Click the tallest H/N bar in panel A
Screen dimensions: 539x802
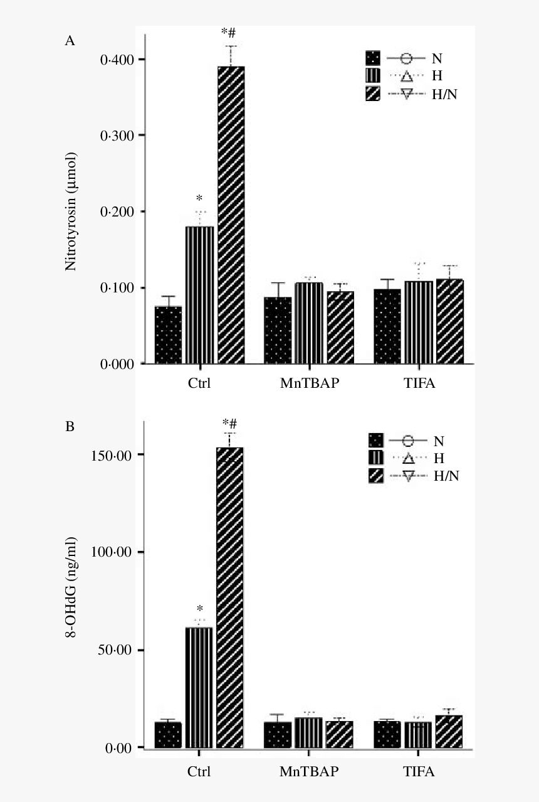231,215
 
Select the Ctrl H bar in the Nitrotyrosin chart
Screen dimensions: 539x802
199,295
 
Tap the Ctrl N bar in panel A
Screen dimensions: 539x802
168,334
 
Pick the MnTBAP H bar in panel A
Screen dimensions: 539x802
309,323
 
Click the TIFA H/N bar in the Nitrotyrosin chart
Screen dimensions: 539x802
450,321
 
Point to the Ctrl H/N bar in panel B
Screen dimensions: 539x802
229,597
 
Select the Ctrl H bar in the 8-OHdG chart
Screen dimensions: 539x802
199,687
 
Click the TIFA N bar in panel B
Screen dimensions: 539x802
387,734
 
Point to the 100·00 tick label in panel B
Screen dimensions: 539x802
112,552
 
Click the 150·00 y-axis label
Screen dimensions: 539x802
112,456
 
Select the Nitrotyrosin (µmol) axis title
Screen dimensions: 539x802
71,211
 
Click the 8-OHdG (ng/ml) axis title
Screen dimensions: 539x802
71,587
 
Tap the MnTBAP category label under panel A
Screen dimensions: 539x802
310,383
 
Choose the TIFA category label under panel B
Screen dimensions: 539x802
419,771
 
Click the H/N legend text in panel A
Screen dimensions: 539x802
444,95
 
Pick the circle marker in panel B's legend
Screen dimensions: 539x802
408,441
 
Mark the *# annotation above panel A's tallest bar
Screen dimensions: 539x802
229,33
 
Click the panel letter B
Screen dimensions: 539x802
70,427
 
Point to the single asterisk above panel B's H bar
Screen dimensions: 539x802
199,608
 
